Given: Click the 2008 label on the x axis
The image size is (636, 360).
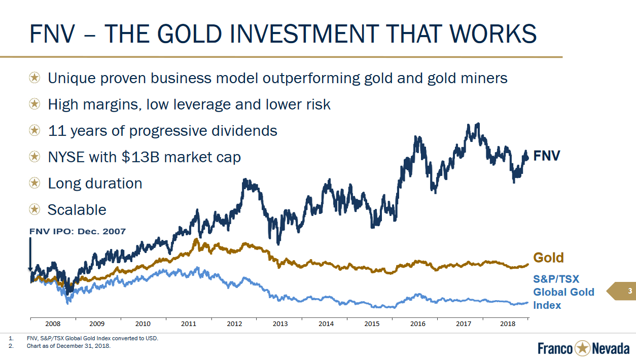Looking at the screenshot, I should click(53, 323).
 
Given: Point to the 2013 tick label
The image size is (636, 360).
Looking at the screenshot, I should click(280, 323).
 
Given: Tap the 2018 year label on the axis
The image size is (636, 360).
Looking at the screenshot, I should click(507, 323).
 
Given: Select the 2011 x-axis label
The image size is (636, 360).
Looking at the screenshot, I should click(189, 323).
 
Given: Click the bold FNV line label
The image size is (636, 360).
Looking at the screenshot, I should click(547, 156).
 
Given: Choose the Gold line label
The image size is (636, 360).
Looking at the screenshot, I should click(548, 258).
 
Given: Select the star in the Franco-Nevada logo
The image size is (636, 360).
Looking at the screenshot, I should click(582, 348).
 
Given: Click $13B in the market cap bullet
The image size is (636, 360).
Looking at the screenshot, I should click(140, 157).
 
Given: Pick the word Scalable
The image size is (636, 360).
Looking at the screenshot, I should click(77, 210).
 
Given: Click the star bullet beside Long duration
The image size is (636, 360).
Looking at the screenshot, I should click(34, 183).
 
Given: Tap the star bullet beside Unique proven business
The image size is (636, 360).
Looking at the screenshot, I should click(34, 78).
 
